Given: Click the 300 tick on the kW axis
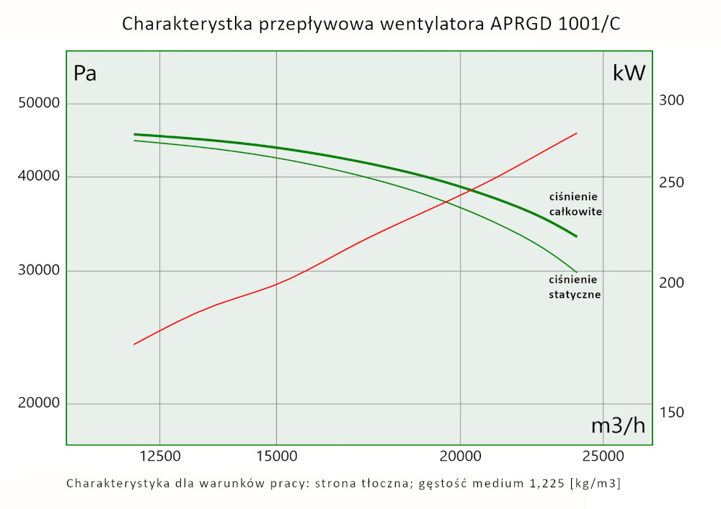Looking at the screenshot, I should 671,100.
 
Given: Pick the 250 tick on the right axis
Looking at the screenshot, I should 671,182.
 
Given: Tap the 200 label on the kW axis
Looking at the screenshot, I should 671,283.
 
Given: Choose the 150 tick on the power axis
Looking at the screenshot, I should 671,412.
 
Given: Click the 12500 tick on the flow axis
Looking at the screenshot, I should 159,456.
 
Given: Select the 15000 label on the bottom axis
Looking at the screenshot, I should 276,456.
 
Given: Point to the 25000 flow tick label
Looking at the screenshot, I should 603,456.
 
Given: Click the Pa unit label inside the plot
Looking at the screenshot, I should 85,74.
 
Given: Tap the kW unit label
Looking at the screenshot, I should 629,73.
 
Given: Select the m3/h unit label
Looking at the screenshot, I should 618,425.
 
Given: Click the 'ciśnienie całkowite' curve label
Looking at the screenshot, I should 575,204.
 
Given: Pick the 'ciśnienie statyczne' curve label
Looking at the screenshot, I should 575,287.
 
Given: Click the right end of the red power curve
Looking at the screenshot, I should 577,133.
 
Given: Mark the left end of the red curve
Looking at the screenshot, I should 134,344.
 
